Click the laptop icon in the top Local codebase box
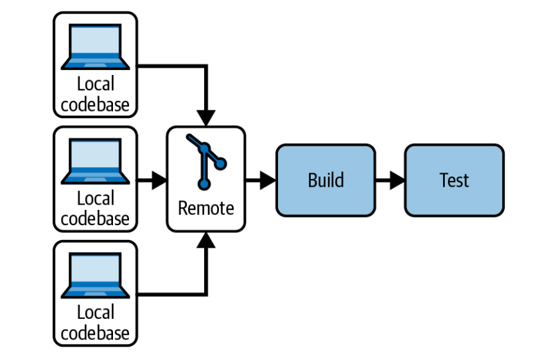95,46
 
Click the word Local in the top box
95,84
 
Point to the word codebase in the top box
95,104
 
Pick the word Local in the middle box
95,198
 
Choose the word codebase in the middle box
95,218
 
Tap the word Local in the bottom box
95,313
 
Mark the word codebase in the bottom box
95,332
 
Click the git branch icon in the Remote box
205,161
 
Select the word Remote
205,209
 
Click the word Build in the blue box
326,180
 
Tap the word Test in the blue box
454,180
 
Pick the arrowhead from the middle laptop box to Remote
159,180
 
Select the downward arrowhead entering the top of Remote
205,118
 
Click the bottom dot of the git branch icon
204,185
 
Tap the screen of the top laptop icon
95,42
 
